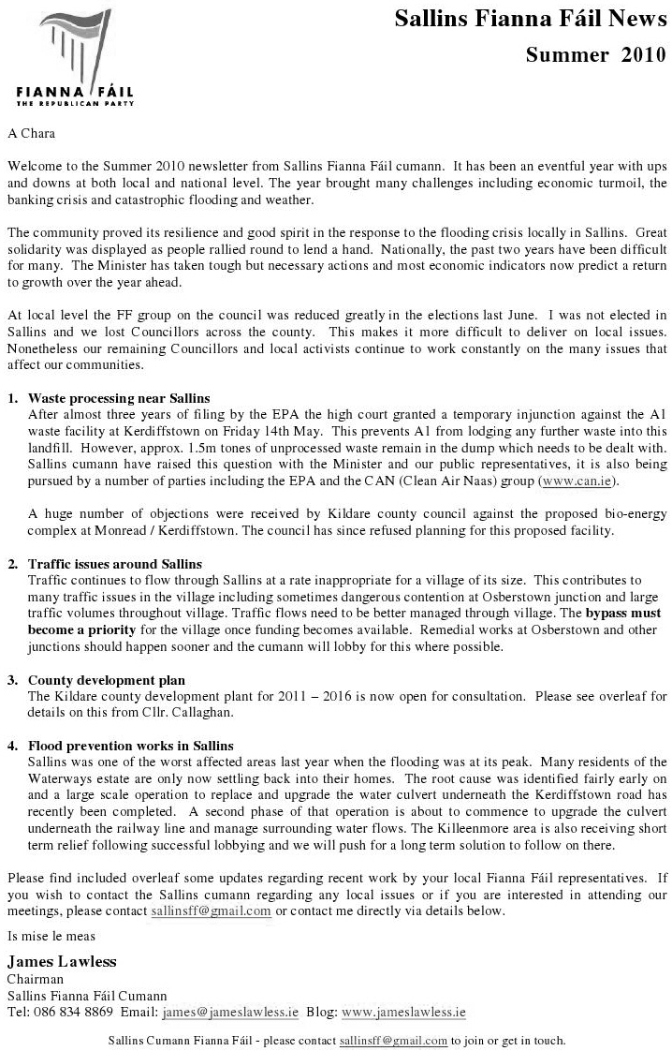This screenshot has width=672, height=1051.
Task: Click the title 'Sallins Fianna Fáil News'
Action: point(530,19)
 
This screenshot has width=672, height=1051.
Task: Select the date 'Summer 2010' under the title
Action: point(596,54)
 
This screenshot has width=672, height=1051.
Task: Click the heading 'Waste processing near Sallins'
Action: point(119,398)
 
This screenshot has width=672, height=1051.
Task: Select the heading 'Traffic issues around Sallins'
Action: point(115,565)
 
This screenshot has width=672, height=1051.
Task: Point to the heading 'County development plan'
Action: point(107,680)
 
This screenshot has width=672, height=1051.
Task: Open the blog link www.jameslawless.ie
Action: point(403,1013)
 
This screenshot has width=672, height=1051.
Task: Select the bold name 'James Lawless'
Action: point(62,962)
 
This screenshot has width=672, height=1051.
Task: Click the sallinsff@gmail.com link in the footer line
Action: point(393,1041)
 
